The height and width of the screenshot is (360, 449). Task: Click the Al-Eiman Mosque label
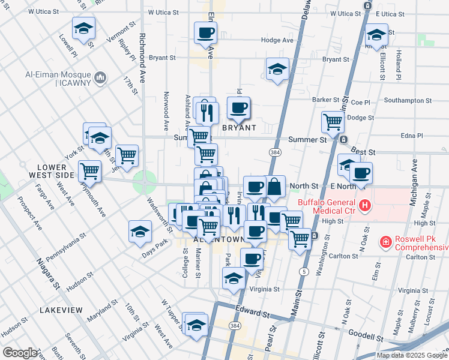click(58, 78)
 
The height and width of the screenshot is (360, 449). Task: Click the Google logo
click(20, 353)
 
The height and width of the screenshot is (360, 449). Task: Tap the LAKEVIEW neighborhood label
click(61, 310)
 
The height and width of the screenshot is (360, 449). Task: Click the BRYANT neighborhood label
click(240, 128)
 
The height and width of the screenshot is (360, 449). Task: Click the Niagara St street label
click(47, 273)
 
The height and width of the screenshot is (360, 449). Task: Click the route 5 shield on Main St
click(306, 272)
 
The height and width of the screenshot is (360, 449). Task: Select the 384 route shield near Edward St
click(234, 325)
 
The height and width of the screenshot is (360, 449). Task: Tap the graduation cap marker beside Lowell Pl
click(83, 28)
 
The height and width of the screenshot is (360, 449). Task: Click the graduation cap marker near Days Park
click(140, 232)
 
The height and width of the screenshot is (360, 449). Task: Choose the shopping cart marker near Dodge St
click(332, 122)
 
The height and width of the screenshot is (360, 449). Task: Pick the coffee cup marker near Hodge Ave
click(205, 32)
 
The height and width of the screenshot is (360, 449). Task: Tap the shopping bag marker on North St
click(274, 187)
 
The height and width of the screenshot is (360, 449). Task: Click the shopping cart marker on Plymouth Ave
click(89, 171)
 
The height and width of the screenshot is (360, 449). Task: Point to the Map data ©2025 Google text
click(411, 355)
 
